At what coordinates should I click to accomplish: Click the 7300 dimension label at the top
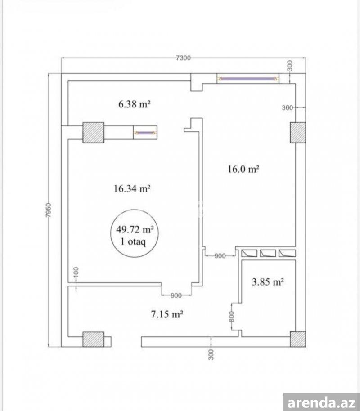183,58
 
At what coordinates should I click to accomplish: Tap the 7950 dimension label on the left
49,210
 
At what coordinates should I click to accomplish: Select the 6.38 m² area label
134,104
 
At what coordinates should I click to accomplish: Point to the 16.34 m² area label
132,188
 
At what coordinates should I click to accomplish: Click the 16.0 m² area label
243,169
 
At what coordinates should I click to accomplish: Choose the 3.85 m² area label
268,282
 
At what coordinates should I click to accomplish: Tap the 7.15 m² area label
167,314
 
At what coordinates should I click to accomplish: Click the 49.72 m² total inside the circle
135,230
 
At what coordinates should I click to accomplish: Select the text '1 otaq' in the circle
133,241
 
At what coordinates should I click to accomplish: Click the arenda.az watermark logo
322,402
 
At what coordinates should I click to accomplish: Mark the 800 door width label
231,317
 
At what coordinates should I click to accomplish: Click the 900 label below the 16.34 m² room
176,295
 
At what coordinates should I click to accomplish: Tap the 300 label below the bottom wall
211,354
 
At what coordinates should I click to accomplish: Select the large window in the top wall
248,78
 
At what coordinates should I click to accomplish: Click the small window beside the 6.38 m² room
145,133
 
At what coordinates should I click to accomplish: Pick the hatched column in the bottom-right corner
298,339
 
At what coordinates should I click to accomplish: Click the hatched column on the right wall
298,133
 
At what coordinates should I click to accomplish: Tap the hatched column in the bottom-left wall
94,339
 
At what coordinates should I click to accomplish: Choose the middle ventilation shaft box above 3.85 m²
268,253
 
